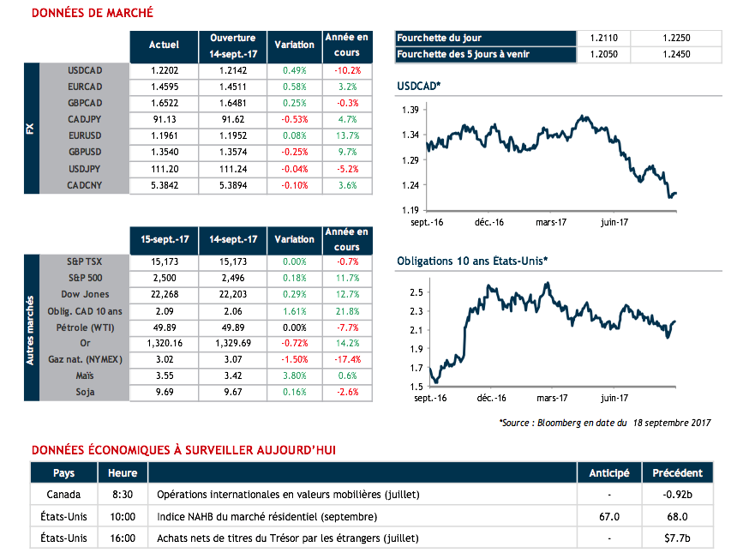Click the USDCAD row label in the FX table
click(85, 70)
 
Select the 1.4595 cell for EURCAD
click(163, 87)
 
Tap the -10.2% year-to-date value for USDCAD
click(346, 70)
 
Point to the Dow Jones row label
click(84, 294)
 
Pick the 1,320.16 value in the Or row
click(163, 343)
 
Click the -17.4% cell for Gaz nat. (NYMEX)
click(346, 359)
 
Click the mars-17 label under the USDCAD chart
click(552, 221)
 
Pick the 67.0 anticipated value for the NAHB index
click(609, 517)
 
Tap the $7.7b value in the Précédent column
click(677, 538)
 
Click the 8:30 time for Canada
click(123, 495)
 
